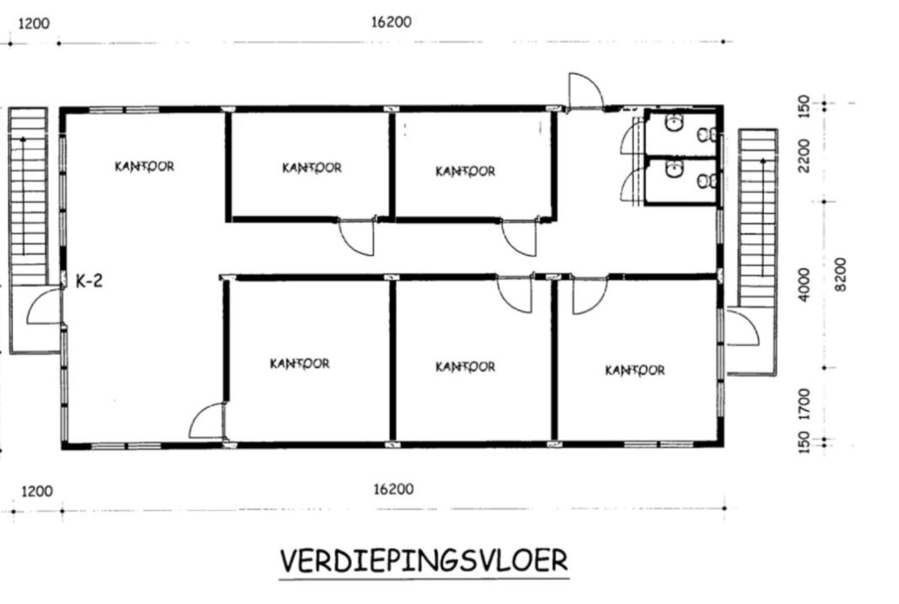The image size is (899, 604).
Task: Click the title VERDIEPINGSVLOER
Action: click(423, 560)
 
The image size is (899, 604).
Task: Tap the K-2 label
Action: click(89, 281)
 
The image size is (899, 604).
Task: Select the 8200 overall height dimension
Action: click(840, 275)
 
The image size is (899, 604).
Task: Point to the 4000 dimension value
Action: click(805, 284)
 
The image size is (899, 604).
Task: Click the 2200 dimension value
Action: click(805, 155)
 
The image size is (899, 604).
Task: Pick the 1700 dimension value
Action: click(804, 405)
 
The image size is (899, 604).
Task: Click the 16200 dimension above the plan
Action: click(392, 22)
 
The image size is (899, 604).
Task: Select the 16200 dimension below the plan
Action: click(393, 489)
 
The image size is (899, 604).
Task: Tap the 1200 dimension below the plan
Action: click(37, 492)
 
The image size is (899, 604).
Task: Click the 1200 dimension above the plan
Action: click(35, 24)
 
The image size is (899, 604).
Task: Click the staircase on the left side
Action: click(27, 196)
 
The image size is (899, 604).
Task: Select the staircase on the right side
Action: click(758, 218)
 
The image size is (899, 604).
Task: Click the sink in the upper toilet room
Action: click(674, 122)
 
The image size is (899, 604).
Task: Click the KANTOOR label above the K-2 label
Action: click(144, 166)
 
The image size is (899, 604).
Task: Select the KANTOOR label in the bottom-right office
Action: click(635, 370)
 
